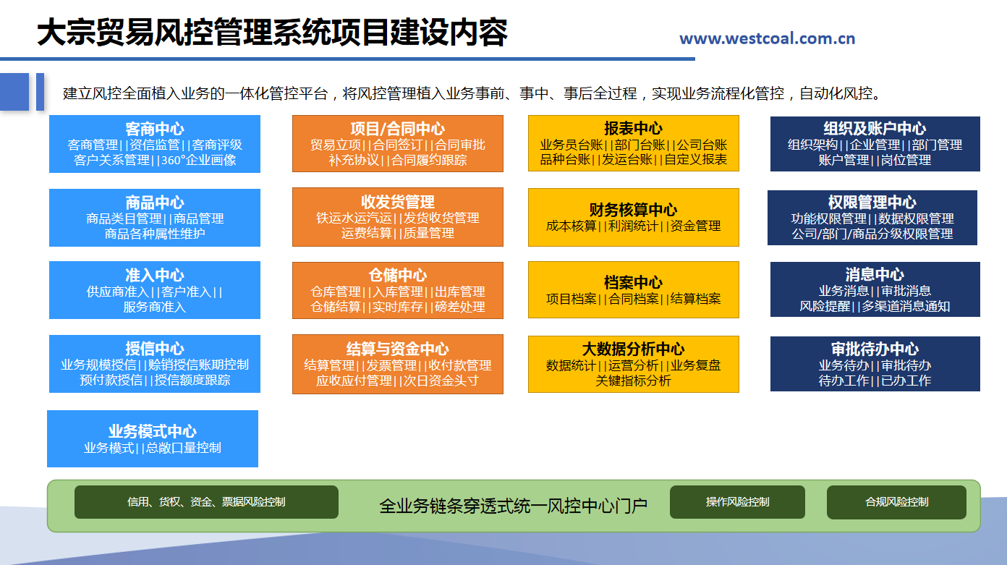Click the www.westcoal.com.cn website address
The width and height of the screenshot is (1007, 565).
(x=767, y=39)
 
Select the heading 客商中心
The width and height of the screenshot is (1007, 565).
(x=154, y=129)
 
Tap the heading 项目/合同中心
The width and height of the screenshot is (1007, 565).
(x=397, y=129)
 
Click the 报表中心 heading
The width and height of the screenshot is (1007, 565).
(x=633, y=129)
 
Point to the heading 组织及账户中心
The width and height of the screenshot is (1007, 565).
(x=875, y=129)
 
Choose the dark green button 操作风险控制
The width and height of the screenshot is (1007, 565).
(x=737, y=502)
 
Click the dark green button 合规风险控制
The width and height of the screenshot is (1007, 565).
(x=896, y=502)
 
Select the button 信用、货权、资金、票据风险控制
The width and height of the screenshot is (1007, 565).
(x=206, y=502)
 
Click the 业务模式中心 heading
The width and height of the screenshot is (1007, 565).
(x=153, y=431)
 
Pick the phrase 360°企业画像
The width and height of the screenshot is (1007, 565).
(x=199, y=161)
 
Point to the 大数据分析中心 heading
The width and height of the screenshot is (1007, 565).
(x=633, y=349)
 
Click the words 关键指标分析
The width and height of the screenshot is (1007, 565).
(x=633, y=381)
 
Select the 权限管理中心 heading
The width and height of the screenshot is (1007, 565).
(x=872, y=203)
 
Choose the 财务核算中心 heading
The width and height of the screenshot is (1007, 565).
(x=633, y=210)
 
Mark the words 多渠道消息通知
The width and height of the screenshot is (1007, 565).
(x=906, y=306)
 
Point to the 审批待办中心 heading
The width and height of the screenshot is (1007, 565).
(x=875, y=349)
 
